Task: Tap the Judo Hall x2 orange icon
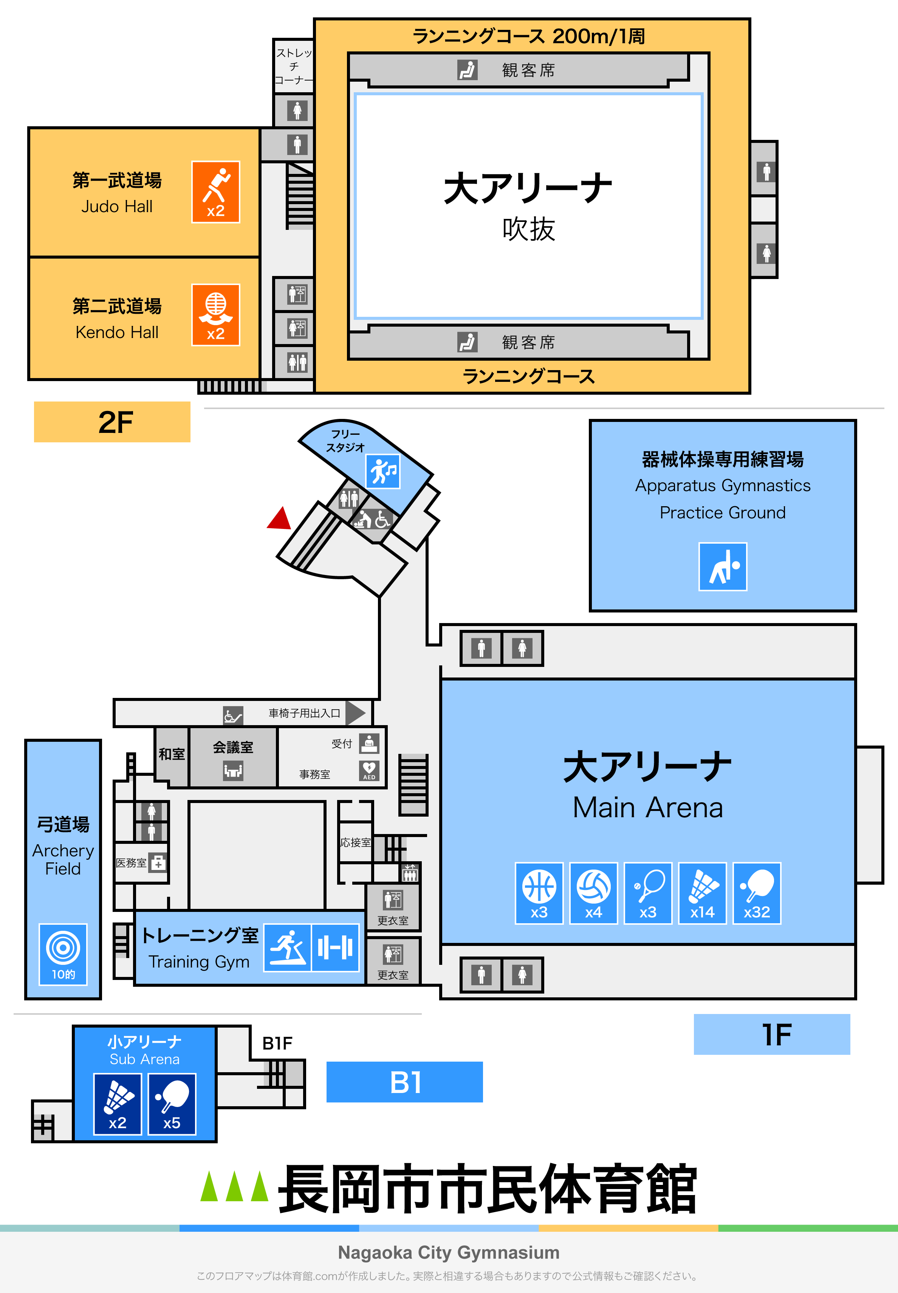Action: coord(215,192)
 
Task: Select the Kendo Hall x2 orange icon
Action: coord(215,315)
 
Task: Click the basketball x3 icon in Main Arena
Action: coord(539,893)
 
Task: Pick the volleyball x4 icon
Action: coord(594,893)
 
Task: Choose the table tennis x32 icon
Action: coord(757,893)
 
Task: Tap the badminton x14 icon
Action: coord(702,893)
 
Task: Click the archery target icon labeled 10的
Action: coord(63,954)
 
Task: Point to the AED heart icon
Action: coord(369,770)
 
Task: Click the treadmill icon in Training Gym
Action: coord(288,948)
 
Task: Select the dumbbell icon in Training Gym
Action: coord(335,948)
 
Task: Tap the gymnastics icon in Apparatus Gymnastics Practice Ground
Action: coord(723,566)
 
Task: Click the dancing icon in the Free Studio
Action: coord(383,471)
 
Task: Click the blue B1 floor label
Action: coord(404,1082)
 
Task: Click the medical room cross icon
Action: coord(158,862)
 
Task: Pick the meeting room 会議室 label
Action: coord(233,747)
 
